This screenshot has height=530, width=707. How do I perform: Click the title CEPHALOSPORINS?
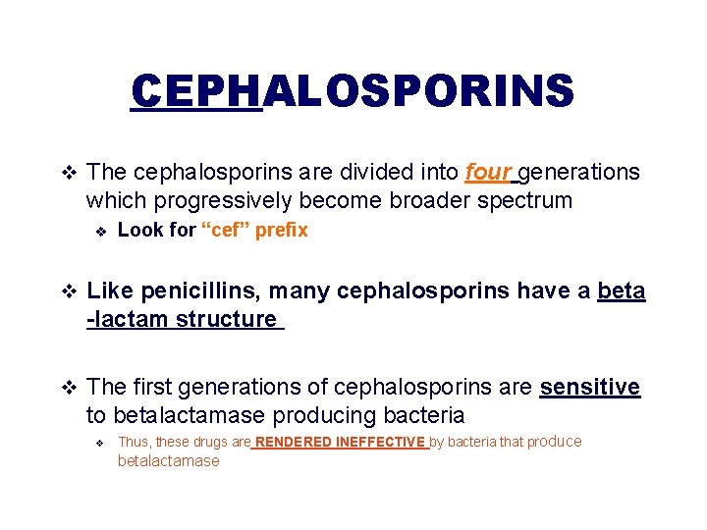pos(353,92)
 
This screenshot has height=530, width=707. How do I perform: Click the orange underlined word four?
pos(487,173)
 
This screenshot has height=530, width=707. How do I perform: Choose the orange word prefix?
pos(282,231)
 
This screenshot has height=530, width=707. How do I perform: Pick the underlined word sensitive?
pos(589,388)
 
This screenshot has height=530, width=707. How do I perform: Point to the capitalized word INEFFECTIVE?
pos(380,443)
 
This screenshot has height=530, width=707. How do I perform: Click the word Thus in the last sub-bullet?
pos(134,442)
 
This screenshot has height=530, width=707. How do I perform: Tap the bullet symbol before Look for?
pos(99,231)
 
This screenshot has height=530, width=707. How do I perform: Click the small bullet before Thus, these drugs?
pos(99,443)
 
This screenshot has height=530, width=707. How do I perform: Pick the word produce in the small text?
pos(554,442)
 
